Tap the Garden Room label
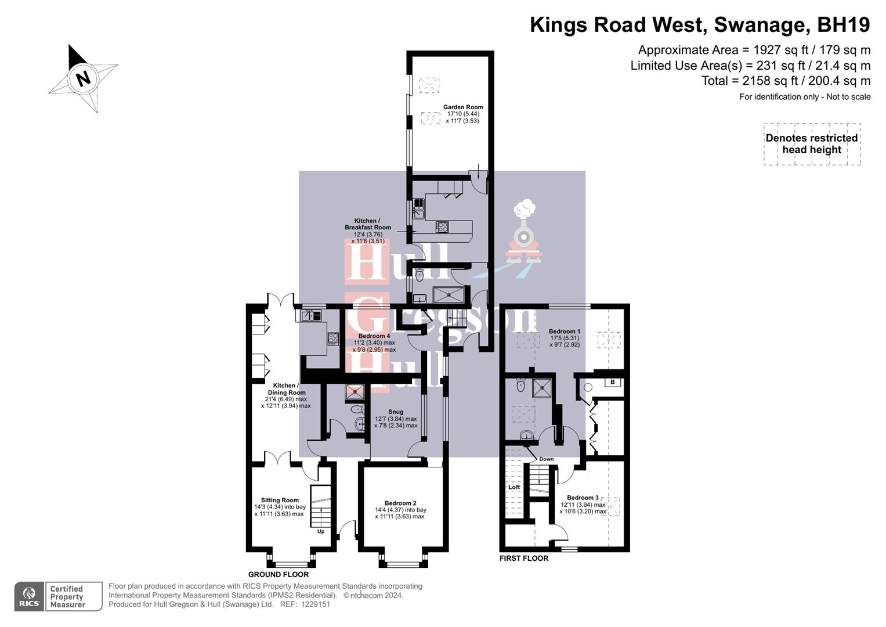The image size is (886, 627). tap(462, 107)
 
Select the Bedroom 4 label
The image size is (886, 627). tap(374, 336)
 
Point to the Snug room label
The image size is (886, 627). tap(396, 412)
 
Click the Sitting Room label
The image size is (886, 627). tap(280, 500)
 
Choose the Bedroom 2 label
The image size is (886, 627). tap(400, 503)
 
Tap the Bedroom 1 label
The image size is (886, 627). tap(564, 331)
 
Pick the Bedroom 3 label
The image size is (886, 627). tap(583, 498)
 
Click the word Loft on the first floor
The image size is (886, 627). tap(514, 487)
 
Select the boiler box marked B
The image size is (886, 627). tap(613, 382)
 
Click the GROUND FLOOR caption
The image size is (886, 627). tap(279, 574)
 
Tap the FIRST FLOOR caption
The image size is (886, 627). tap(523, 558)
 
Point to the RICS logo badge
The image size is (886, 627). tap(28, 597)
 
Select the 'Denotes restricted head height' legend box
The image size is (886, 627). tap(811, 144)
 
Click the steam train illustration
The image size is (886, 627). tap(525, 232)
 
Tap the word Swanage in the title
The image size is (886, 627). tap(761, 25)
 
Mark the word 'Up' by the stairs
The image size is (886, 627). tap(321, 531)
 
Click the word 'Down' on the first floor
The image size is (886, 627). tap(546, 459)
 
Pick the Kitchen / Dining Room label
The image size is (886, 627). tap(286, 389)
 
